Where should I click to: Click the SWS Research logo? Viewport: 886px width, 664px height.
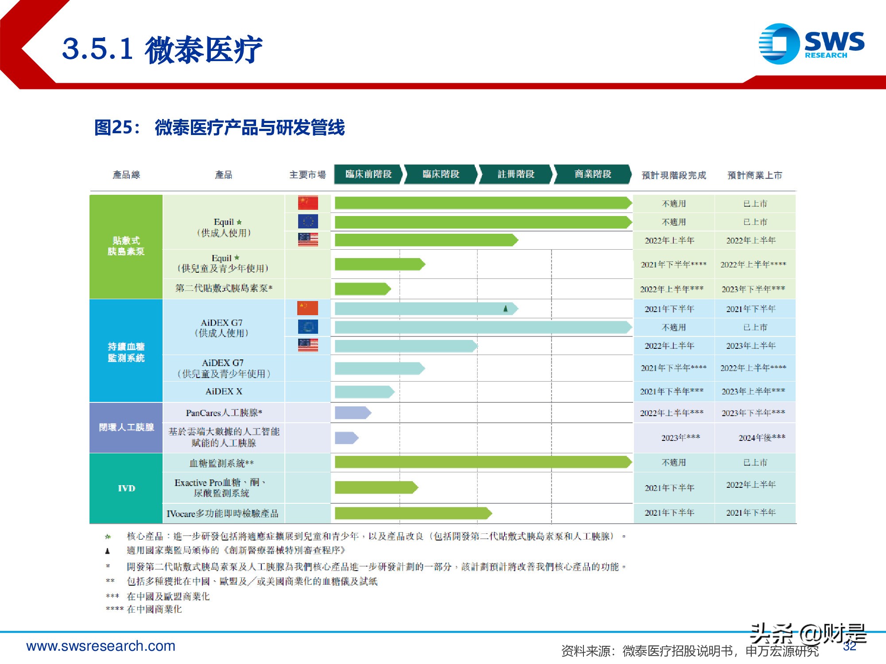(x=811, y=44)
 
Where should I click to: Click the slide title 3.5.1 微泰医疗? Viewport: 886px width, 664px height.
(x=162, y=49)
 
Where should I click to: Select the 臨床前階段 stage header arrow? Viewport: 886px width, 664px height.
(x=368, y=174)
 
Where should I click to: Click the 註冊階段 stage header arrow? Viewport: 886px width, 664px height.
(x=516, y=174)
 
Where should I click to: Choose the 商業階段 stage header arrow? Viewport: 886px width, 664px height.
(x=592, y=174)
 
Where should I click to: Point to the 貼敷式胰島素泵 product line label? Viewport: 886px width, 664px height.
(x=126, y=246)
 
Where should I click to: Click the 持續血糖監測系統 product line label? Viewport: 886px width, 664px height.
(x=126, y=352)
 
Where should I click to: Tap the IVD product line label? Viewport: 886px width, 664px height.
(x=126, y=488)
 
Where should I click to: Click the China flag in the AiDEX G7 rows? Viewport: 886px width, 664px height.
(x=308, y=308)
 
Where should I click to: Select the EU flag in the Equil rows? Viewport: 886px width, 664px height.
(x=308, y=221)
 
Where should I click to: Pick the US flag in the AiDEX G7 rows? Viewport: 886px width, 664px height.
(x=308, y=345)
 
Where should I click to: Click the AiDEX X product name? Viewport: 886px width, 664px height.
(x=224, y=391)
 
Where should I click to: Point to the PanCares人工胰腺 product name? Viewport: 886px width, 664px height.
(x=224, y=413)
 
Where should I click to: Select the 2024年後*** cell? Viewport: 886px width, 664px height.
(x=762, y=438)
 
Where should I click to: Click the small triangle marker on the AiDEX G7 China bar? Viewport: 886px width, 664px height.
(x=505, y=309)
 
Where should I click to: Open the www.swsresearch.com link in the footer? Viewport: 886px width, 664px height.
(x=101, y=646)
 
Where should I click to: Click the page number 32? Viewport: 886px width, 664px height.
(x=849, y=646)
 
